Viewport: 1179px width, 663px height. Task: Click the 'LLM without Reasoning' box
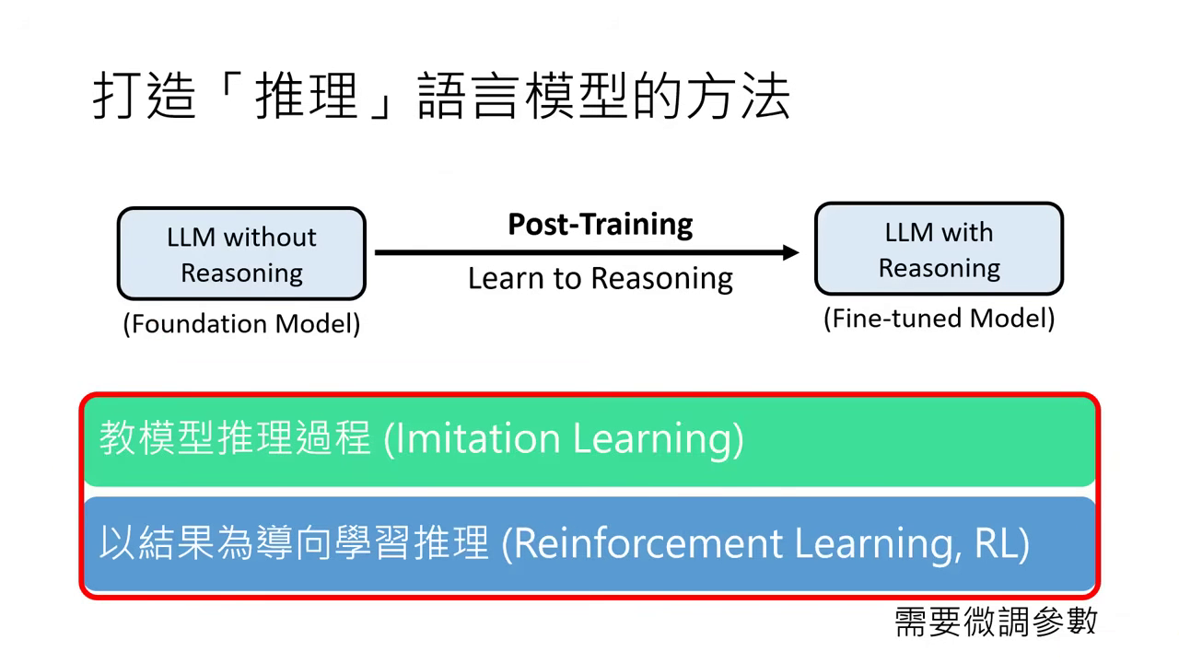tap(241, 254)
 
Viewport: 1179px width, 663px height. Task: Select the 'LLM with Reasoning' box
tap(939, 250)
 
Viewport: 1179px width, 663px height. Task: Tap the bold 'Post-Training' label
tap(601, 224)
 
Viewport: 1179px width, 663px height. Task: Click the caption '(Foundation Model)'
tap(241, 324)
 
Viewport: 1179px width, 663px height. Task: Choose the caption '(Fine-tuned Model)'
tap(939, 319)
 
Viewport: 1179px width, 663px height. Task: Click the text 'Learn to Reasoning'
tap(601, 278)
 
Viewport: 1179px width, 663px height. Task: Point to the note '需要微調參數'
tap(996, 622)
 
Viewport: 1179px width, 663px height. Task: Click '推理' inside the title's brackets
tap(306, 98)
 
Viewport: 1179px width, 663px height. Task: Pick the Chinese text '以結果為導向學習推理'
tap(294, 543)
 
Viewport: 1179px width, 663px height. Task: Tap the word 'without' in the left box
tap(270, 238)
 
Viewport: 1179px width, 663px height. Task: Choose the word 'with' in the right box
tap(966, 232)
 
